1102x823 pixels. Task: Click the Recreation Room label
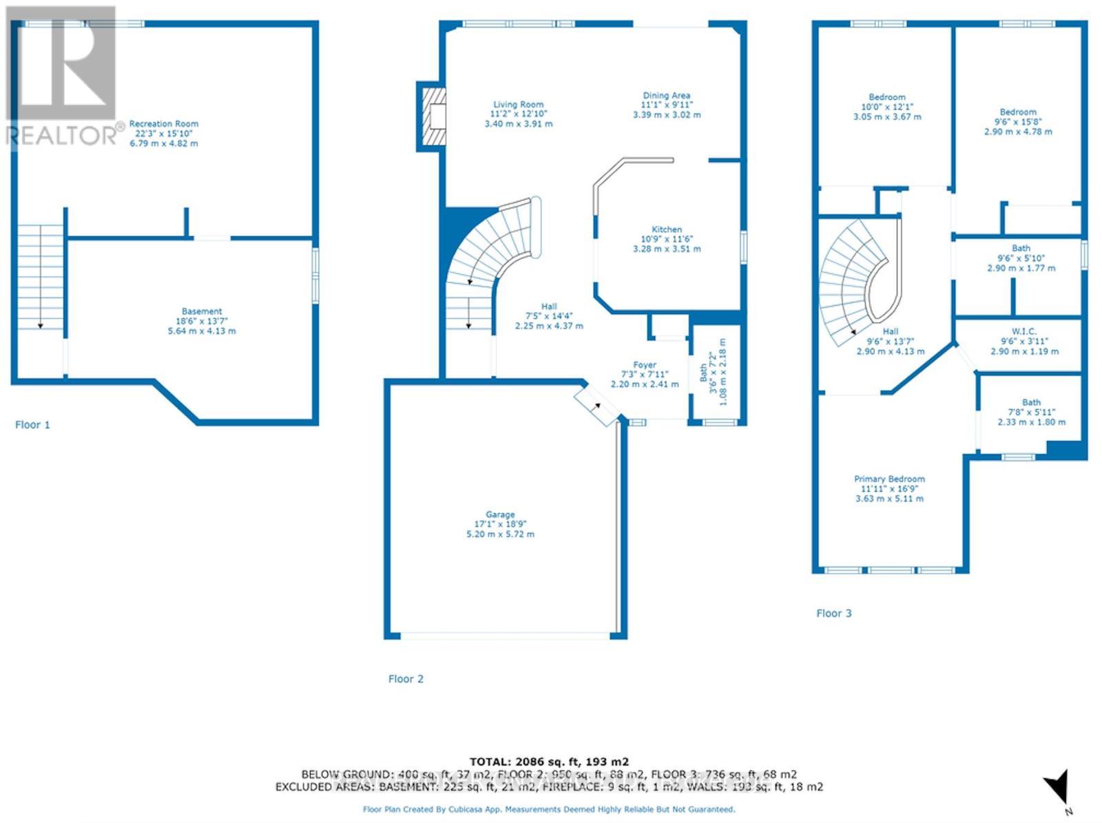click(x=163, y=124)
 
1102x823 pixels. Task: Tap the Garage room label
click(x=500, y=514)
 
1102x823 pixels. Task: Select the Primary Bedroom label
click(x=889, y=479)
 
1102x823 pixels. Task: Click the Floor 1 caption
click(x=32, y=425)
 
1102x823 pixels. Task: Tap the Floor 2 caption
click(x=406, y=679)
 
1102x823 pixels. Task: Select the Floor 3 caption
click(x=833, y=614)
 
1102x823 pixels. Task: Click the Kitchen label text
click(x=667, y=229)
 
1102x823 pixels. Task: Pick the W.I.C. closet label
click(x=1024, y=331)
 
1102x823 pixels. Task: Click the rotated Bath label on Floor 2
click(x=704, y=373)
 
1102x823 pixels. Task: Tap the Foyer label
click(x=645, y=365)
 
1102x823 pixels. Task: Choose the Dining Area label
click(x=666, y=96)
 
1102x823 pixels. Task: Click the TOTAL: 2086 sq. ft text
click(x=549, y=762)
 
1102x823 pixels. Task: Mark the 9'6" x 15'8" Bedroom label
click(x=1018, y=112)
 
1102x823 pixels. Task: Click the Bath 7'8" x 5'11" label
click(x=1031, y=402)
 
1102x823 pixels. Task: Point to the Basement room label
click(x=202, y=311)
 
